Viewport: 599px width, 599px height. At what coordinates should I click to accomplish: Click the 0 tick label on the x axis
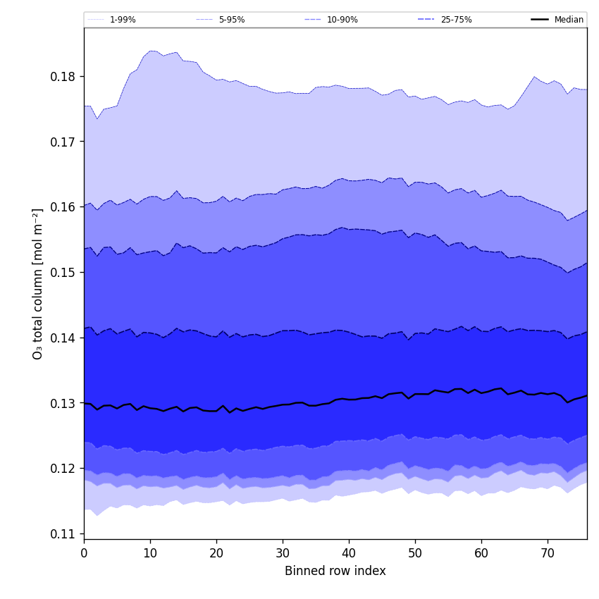click(x=84, y=553)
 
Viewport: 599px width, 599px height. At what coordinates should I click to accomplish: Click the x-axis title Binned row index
click(x=335, y=572)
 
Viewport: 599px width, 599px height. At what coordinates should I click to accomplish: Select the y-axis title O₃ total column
click(x=38, y=283)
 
